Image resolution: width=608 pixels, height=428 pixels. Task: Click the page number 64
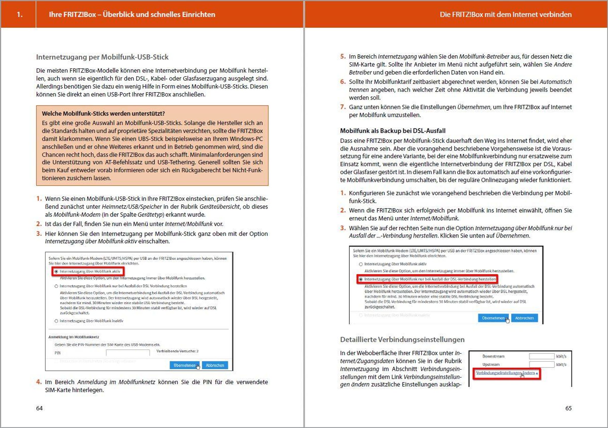point(39,408)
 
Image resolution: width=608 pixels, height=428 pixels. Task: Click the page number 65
point(568,408)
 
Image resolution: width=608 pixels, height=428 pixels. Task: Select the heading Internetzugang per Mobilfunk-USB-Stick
point(102,57)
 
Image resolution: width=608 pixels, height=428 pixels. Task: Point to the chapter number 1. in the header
point(20,14)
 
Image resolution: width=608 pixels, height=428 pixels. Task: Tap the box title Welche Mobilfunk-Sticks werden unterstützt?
point(103,114)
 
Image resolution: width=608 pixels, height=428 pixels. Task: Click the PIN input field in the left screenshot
point(128,353)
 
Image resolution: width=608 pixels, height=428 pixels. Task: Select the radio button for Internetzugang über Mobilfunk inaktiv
point(56,321)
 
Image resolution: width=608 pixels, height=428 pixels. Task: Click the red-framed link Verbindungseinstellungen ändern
point(505,373)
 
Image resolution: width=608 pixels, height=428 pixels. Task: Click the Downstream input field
point(542,356)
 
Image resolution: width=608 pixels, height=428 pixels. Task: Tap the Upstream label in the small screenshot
point(491,365)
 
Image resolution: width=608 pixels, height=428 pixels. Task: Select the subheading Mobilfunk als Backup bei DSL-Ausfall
point(393,131)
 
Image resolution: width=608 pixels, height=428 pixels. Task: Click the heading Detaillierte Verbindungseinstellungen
point(402,340)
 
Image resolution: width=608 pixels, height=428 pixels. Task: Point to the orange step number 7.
point(343,107)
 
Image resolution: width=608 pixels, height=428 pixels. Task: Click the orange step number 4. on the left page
point(39,382)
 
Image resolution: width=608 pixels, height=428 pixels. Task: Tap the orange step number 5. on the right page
point(343,57)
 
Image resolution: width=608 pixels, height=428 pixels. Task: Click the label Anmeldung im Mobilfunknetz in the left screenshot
point(74,337)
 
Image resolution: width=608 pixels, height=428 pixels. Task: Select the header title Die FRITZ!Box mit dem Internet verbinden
point(505,14)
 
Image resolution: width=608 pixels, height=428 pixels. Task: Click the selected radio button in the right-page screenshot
point(361,280)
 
